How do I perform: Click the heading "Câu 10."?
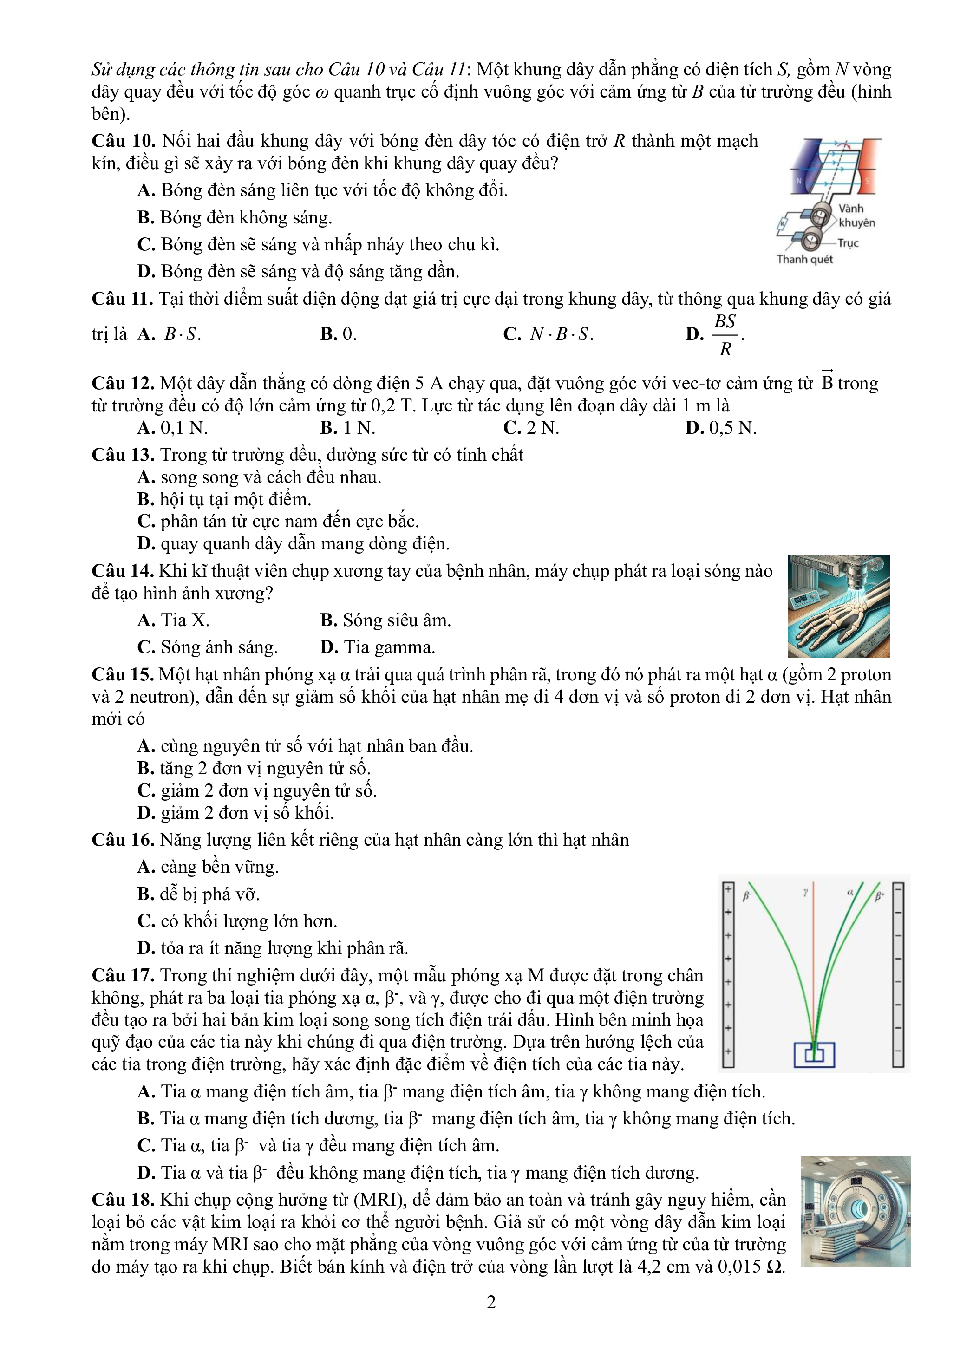coord(124,141)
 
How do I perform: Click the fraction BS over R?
coord(725,335)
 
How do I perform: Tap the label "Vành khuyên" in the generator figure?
coord(856,216)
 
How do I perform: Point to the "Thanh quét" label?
coord(804,260)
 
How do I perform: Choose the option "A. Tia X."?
coord(173,620)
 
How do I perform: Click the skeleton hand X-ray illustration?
coord(838,607)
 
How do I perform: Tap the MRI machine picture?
coord(856,1211)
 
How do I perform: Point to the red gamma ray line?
coord(813,970)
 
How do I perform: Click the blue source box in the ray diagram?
coord(814,1055)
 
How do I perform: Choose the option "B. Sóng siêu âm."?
coord(385,620)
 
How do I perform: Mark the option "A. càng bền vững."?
coord(208,867)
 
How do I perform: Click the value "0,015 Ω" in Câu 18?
coord(751,1267)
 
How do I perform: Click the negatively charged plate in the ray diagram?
coord(898,976)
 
